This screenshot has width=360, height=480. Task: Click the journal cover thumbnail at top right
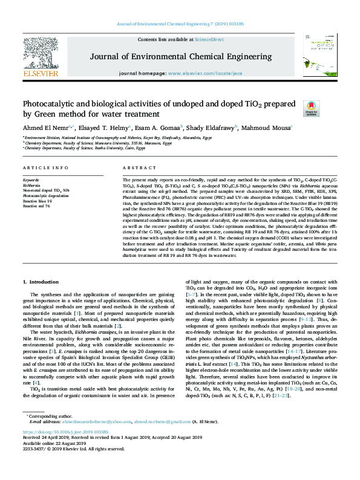tap(320, 54)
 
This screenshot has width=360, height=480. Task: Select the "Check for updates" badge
tap(310, 108)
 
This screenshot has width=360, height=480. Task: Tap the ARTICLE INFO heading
tap(45, 167)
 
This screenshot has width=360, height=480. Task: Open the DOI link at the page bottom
tap(65, 450)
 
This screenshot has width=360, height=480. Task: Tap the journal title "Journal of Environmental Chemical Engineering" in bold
tap(180, 57)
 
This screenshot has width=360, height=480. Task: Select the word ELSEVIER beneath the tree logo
tap(41, 74)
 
